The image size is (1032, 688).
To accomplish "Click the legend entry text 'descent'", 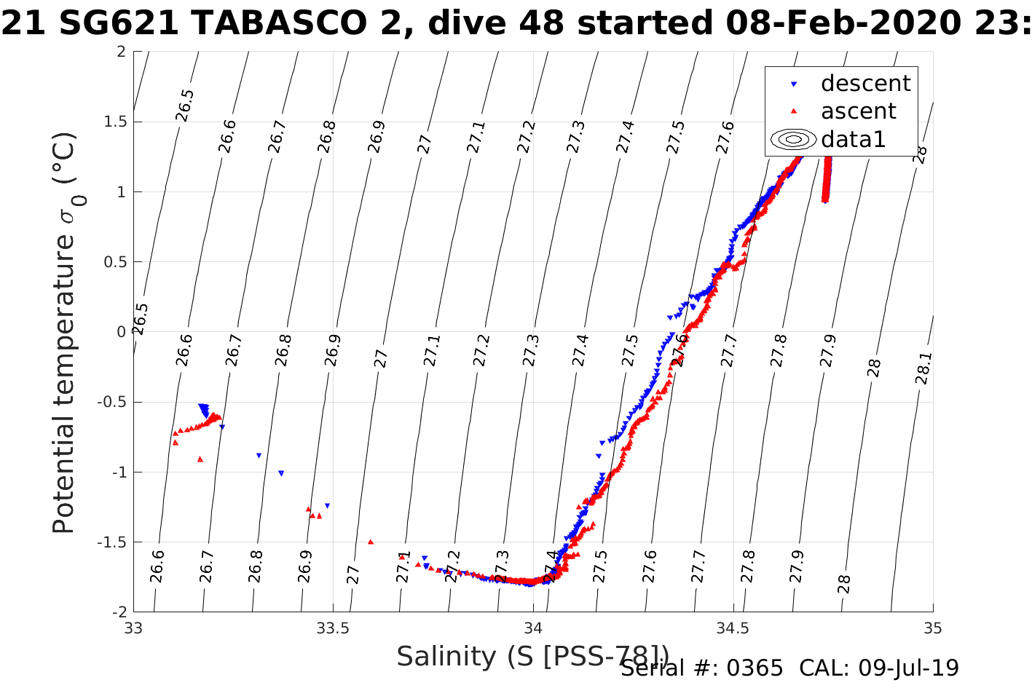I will coord(865,84).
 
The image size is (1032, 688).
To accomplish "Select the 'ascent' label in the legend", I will coord(858,111).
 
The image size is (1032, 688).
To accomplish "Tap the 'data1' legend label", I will coord(853,139).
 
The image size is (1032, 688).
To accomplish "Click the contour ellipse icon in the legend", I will coord(794,139).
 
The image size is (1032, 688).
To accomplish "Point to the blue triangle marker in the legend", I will coord(795,84).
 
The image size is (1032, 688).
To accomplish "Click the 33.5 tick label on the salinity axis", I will coord(333,628).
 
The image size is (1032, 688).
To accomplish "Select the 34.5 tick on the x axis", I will coord(733,628).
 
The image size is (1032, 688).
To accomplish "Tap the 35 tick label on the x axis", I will coord(932,628).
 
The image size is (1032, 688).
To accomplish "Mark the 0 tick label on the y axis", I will coord(121,332).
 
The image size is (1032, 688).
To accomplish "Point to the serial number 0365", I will coord(758,668).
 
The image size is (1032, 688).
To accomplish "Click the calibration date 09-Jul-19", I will coord(908,668).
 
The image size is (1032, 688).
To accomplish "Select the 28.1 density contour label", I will coord(922,368).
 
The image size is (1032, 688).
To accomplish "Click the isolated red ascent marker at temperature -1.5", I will coord(371,542).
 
